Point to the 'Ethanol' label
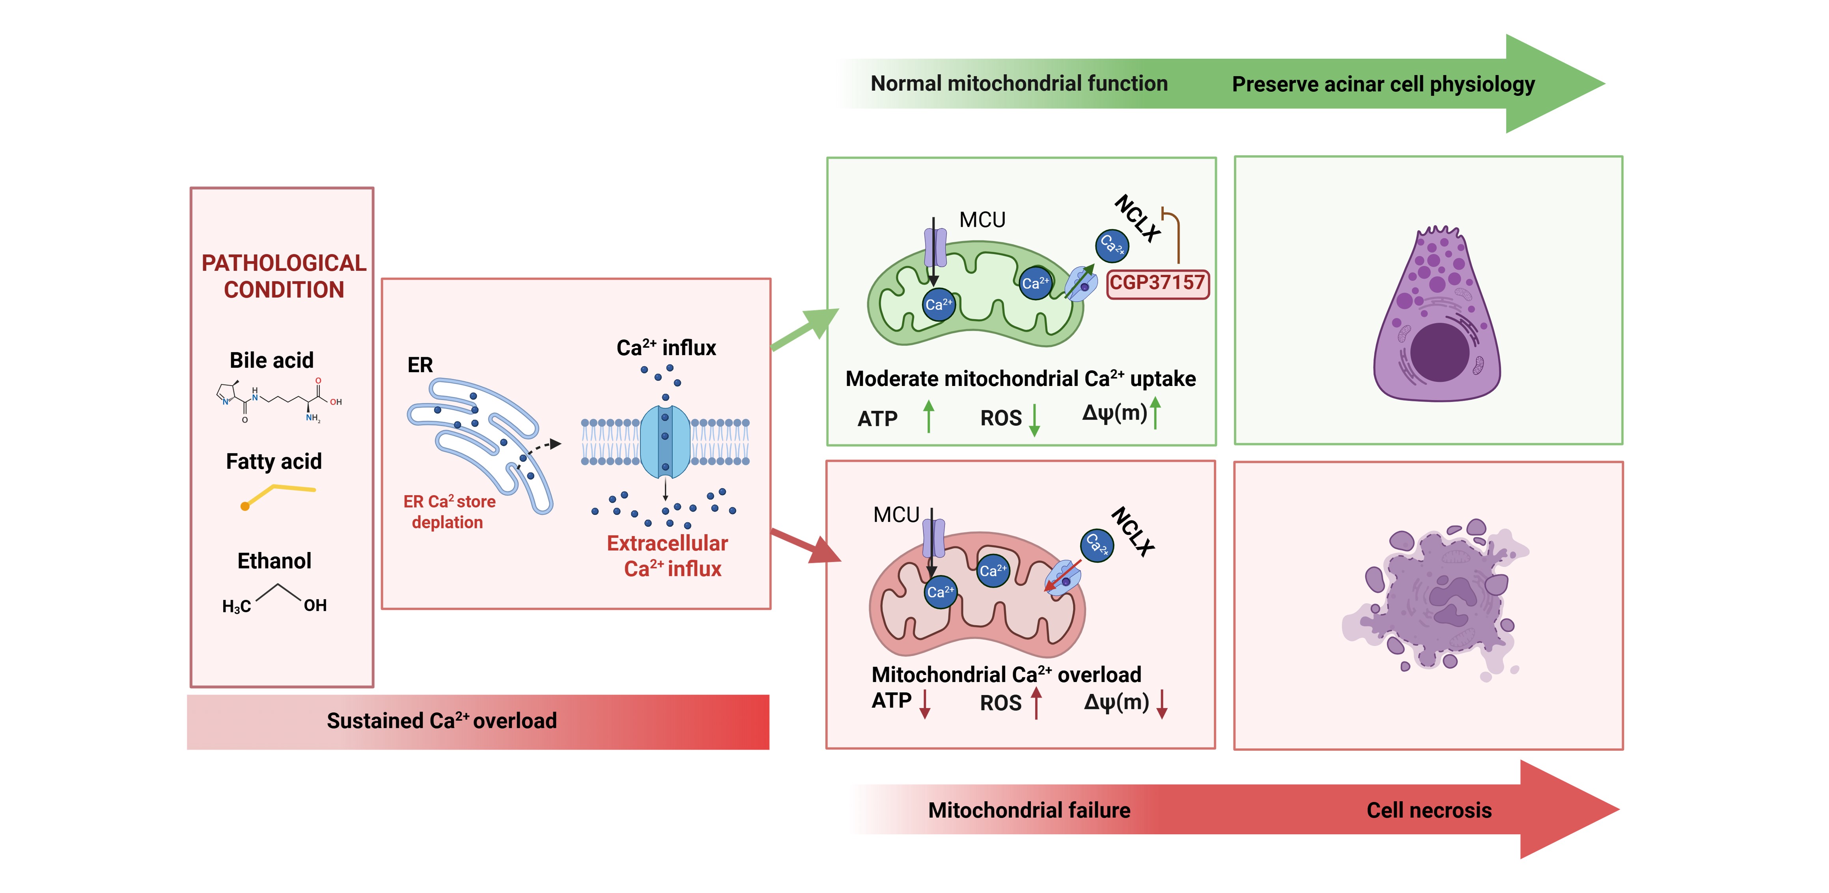click(274, 561)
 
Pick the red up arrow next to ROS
click(1037, 703)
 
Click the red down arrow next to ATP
click(924, 703)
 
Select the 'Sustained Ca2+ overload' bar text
click(442, 720)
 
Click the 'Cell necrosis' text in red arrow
click(1429, 810)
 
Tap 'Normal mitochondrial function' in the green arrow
click(1019, 84)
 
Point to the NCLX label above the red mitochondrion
click(1133, 531)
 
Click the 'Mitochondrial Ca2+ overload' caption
click(1006, 674)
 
